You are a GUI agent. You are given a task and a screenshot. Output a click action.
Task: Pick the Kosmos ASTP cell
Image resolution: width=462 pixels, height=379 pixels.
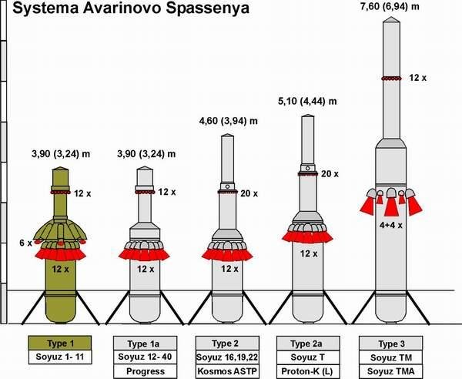[229, 371]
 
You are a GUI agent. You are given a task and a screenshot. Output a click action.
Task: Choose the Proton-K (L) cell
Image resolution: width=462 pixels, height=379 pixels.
[311, 371]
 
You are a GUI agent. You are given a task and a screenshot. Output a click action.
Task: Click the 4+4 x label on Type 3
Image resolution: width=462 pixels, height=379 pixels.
[392, 227]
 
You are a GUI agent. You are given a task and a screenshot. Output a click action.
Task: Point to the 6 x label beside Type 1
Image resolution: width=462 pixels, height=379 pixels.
[24, 243]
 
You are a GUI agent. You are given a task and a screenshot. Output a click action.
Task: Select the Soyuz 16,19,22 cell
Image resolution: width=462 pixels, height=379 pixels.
[229, 357]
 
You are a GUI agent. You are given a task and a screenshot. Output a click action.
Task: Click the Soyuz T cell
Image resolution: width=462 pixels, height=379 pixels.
[311, 357]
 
